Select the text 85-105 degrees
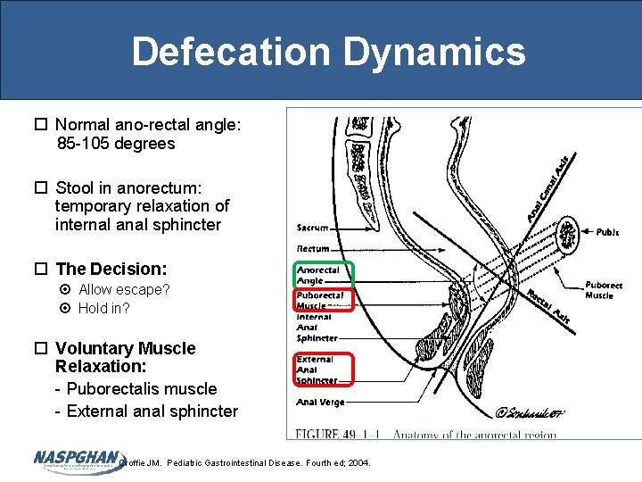(x=116, y=144)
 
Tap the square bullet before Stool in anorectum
(x=41, y=187)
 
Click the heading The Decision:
(x=111, y=269)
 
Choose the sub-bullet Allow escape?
(x=124, y=289)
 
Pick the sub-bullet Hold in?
(x=103, y=309)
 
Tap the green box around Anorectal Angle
(x=325, y=275)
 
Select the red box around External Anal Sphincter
(x=325, y=370)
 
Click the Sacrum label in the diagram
(x=313, y=229)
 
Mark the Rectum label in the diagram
(x=313, y=248)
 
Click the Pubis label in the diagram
(x=607, y=232)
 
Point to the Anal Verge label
(x=320, y=403)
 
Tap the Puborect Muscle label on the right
(x=604, y=290)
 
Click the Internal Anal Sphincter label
(x=317, y=327)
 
